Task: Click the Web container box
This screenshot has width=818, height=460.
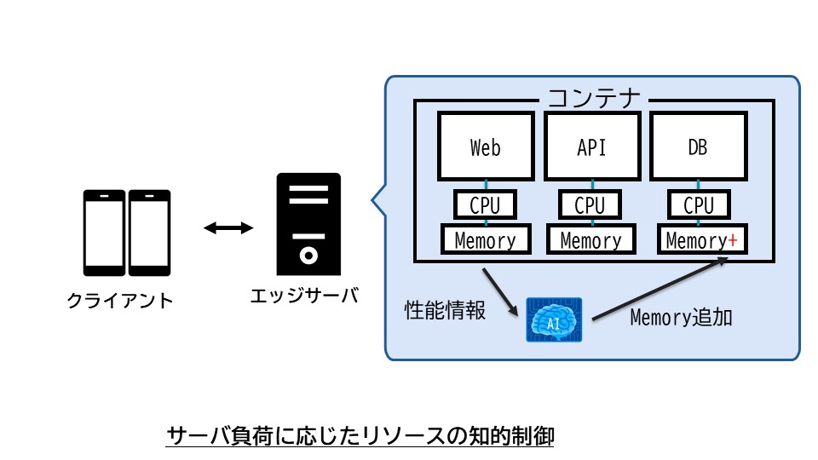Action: (x=485, y=147)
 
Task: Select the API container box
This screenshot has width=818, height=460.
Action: (x=591, y=147)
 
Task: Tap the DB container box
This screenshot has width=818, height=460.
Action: (x=698, y=147)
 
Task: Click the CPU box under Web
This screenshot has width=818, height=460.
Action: (x=485, y=205)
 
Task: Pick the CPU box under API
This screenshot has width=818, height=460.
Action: (x=590, y=205)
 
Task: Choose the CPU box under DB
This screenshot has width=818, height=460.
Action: (x=699, y=205)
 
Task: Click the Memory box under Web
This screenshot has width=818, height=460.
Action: (x=485, y=240)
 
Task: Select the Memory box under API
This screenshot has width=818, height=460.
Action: (x=590, y=240)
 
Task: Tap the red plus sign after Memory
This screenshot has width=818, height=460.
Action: (x=732, y=241)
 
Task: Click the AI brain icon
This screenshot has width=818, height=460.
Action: (x=554, y=319)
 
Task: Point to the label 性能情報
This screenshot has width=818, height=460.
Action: (x=445, y=310)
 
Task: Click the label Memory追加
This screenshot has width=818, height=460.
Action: (x=682, y=318)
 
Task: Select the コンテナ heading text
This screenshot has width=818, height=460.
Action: (x=594, y=99)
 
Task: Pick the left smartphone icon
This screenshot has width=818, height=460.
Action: (x=105, y=233)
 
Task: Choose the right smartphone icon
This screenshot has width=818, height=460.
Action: (x=149, y=233)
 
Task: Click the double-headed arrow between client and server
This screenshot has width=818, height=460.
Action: (x=228, y=227)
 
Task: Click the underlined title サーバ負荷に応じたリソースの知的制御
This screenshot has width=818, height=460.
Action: (x=360, y=437)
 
